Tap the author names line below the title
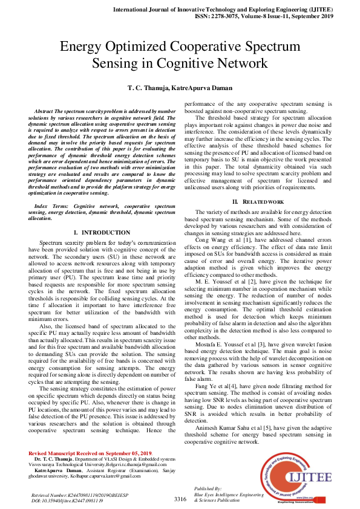[180, 88]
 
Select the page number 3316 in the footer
[180, 499]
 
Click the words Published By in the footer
[209, 488]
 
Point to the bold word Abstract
[44, 112]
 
